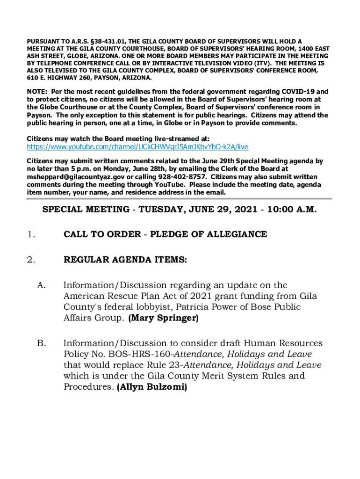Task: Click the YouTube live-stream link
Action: click(137, 147)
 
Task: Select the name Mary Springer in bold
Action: click(163, 318)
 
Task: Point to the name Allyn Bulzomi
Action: click(152, 387)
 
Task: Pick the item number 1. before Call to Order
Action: click(30, 234)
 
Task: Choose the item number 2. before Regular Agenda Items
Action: click(30, 261)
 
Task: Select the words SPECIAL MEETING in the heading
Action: click(85, 210)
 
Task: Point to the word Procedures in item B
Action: click(88, 387)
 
